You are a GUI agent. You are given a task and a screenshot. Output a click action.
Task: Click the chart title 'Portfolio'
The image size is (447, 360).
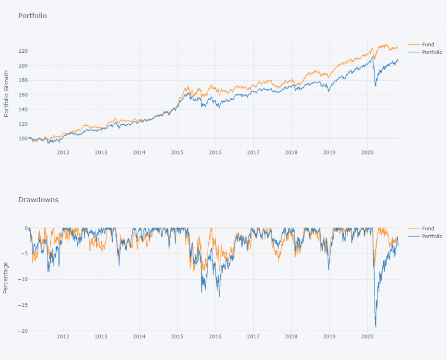(x=32, y=16)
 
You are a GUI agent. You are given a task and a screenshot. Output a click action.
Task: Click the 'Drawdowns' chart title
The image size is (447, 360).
(x=38, y=200)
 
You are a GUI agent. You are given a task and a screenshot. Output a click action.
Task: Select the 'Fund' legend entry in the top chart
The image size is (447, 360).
(x=428, y=45)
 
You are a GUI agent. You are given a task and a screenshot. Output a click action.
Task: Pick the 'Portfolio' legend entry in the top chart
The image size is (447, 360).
(x=432, y=52)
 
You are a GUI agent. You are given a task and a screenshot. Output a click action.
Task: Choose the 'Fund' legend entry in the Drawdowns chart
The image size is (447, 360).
(x=428, y=228)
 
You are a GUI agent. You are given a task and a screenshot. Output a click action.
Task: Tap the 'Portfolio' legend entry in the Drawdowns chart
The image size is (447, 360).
(x=432, y=236)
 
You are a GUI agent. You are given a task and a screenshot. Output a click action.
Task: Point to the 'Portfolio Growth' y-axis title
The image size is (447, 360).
(x=6, y=94)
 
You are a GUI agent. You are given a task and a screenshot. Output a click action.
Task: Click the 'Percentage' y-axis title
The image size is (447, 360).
(x=6, y=278)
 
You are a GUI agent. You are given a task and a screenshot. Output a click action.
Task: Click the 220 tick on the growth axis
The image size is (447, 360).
(x=23, y=51)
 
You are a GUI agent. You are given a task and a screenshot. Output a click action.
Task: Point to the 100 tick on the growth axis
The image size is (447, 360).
(x=23, y=139)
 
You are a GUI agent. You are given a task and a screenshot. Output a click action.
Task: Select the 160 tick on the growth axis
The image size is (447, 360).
(x=23, y=95)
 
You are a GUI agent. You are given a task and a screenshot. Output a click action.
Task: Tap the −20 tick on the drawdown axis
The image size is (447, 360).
(x=21, y=331)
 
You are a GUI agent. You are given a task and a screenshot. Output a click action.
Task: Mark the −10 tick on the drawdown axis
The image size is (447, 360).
(x=21, y=279)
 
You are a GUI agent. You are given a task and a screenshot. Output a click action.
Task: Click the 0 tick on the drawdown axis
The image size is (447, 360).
(x=25, y=228)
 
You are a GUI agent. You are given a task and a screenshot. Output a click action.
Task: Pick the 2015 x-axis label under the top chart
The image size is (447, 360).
(x=177, y=153)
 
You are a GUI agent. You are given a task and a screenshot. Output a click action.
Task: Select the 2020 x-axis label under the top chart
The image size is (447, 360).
(x=367, y=153)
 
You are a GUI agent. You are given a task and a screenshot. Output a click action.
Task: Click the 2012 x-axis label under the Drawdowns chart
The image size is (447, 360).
(x=63, y=337)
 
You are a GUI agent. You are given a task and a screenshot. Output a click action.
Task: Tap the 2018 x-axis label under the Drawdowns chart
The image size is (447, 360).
(x=291, y=337)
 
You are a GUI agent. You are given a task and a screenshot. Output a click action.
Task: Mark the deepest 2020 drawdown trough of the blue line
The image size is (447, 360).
(x=376, y=327)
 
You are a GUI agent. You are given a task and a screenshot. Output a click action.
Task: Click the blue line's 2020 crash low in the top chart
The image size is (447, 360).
(x=376, y=86)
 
